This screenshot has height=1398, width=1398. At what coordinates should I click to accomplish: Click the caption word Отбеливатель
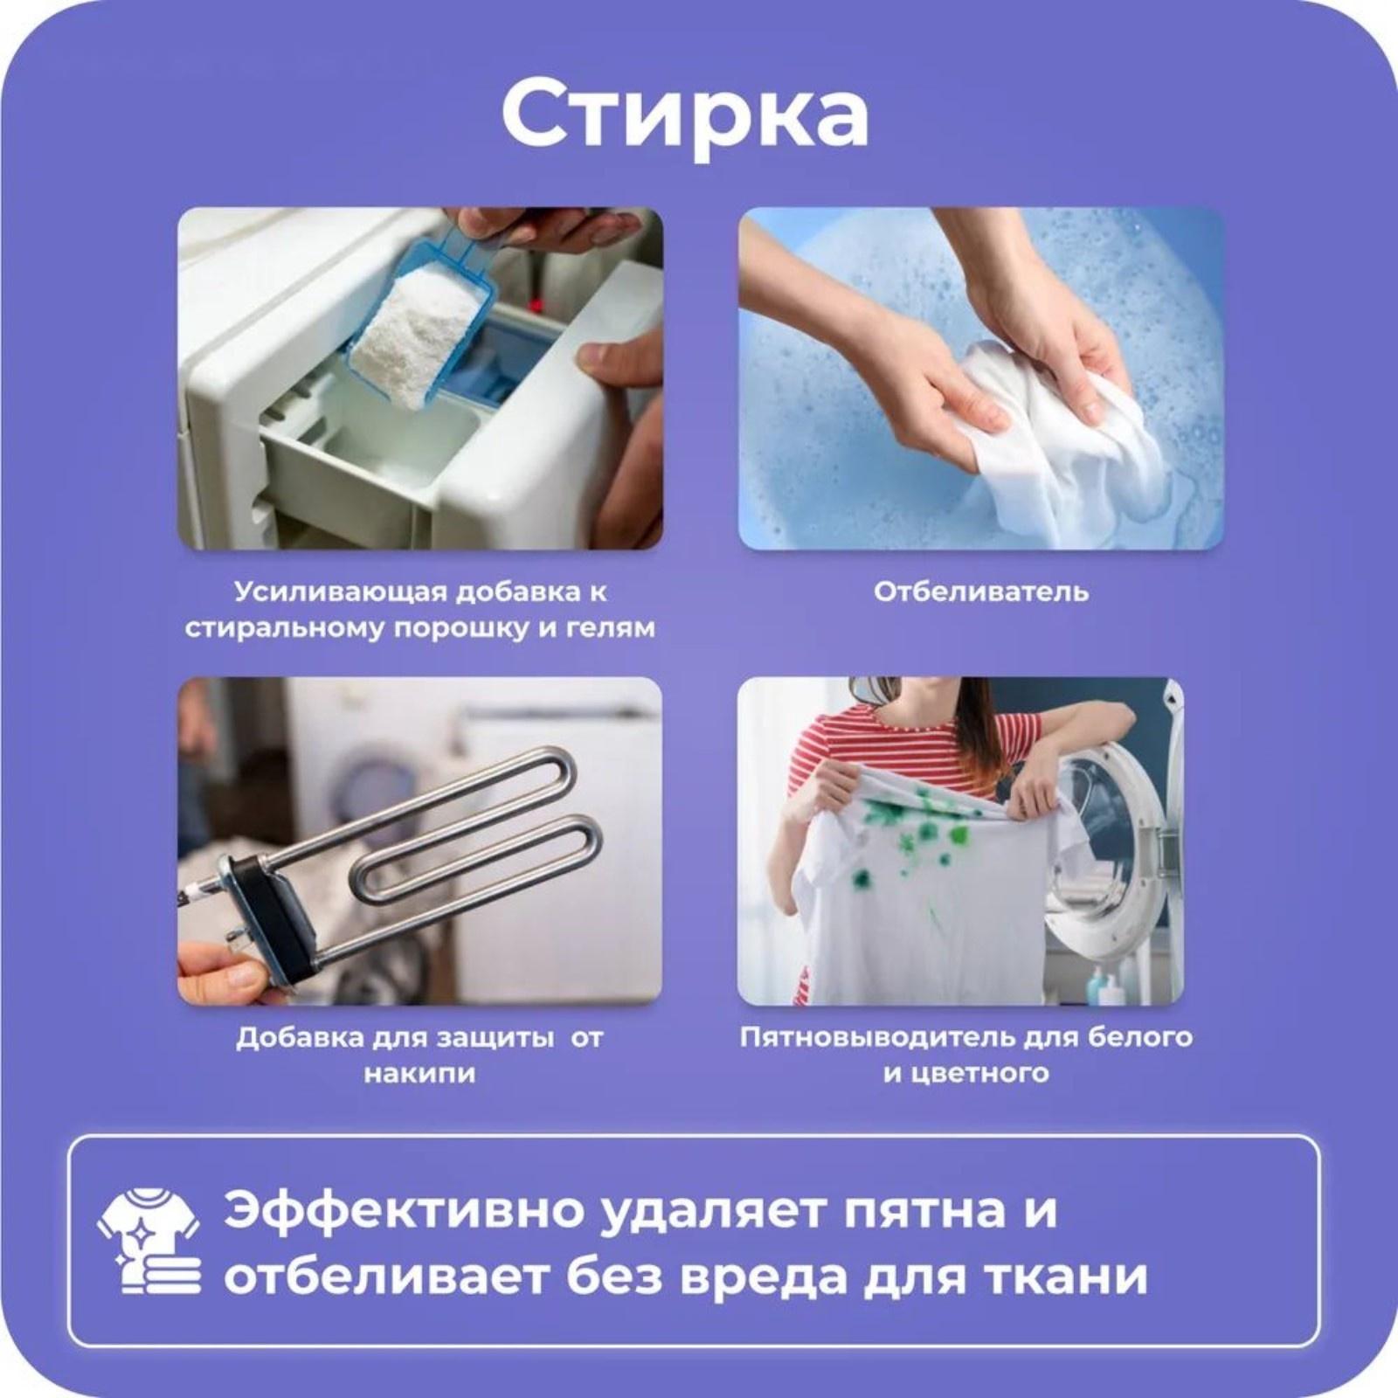[x=980, y=592]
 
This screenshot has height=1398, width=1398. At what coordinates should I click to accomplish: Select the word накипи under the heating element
[x=419, y=1074]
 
